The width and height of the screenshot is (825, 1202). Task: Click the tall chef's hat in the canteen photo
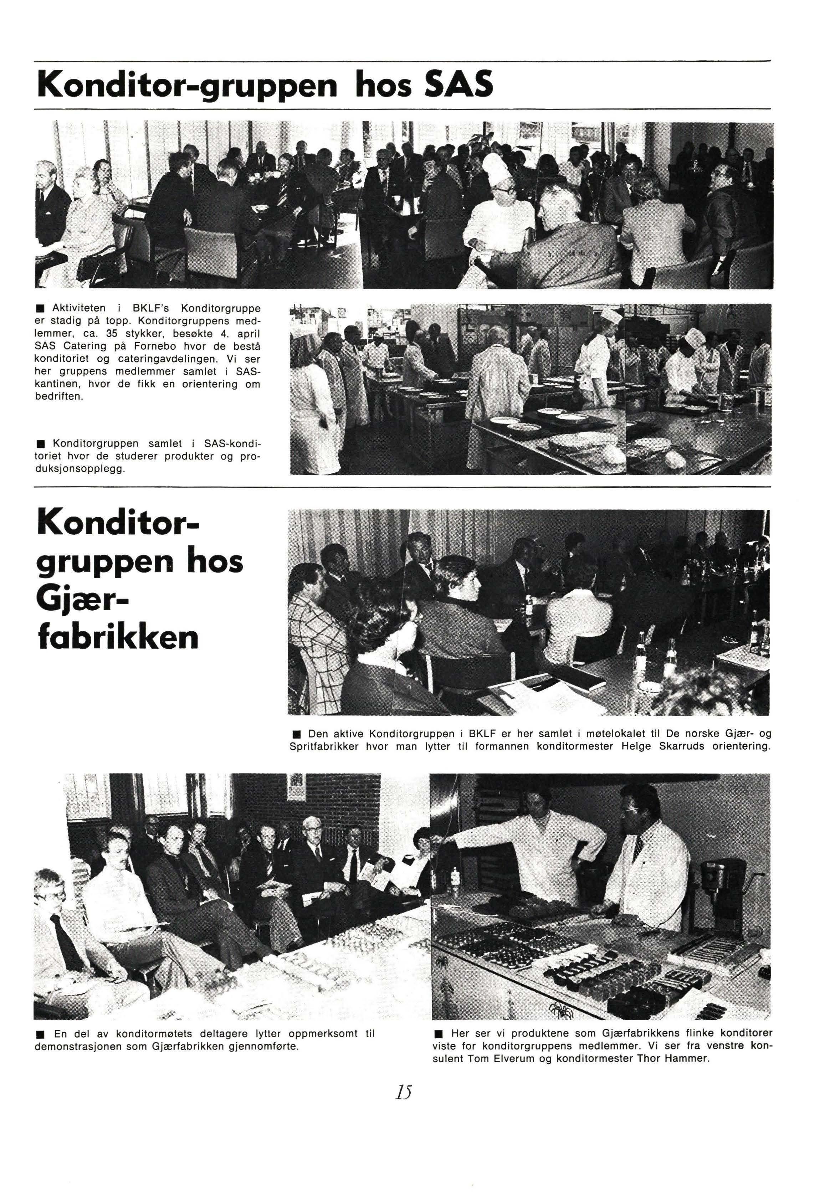click(497, 165)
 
